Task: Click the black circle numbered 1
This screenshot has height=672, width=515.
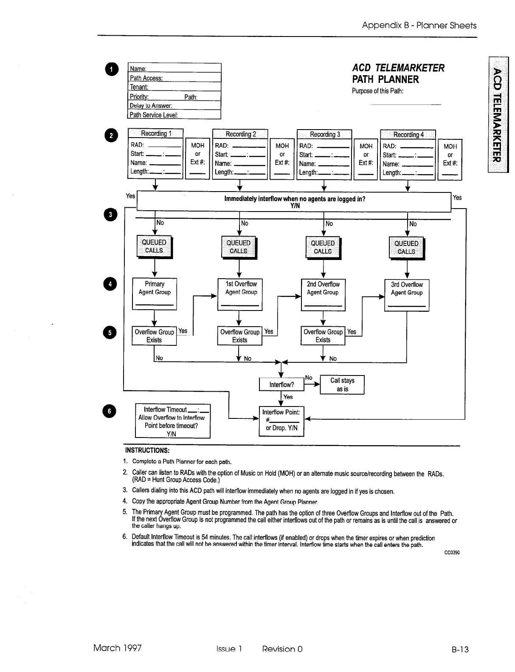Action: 111,69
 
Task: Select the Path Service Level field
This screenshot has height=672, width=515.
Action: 174,115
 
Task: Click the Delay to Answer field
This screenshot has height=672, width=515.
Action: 174,106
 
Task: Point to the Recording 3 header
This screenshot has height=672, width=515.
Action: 325,134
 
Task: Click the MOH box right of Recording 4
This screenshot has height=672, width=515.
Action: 450,160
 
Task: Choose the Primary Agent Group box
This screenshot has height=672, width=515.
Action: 155,294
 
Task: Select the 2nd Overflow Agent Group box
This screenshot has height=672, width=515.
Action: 323,294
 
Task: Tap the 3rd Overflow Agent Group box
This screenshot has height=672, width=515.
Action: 406,294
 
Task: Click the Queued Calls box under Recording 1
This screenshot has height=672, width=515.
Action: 154,246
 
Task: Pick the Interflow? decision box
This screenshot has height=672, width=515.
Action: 281,384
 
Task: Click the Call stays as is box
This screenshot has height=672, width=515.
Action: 342,385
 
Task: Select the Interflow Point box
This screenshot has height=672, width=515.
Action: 281,421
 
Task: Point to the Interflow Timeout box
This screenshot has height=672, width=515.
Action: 172,421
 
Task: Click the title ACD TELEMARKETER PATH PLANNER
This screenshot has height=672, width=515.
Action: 398,73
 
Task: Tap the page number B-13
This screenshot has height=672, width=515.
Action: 460,649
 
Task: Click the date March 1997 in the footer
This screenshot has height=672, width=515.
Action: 118,648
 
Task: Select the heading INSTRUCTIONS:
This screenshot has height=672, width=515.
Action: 147,450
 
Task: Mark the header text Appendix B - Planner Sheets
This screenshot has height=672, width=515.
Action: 419,25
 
